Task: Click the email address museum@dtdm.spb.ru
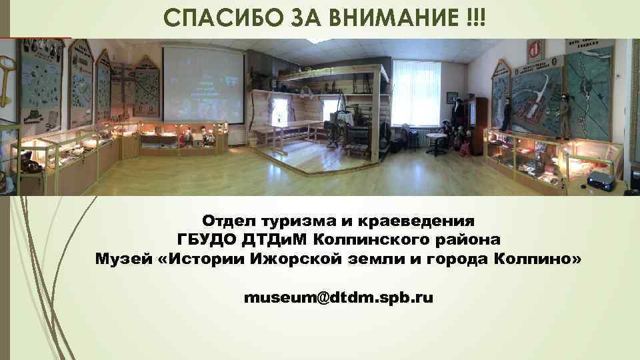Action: [x=339, y=297]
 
